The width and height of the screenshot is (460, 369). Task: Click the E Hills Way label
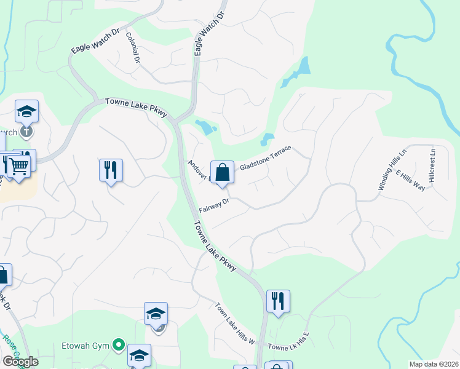410,180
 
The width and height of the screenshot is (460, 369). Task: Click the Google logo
20,362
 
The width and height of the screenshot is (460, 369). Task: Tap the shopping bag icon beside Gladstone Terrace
222,172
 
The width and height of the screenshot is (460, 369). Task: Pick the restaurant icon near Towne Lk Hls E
278,301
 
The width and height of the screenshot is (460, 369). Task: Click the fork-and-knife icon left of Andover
111,170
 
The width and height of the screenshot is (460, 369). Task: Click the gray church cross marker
26,131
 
